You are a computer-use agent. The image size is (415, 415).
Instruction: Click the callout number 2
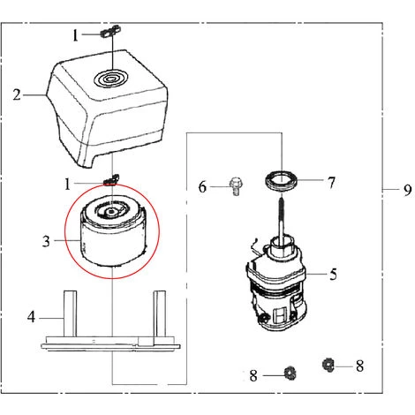(17, 94)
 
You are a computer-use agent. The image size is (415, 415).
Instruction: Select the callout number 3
(46, 241)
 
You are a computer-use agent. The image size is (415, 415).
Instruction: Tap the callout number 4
(31, 317)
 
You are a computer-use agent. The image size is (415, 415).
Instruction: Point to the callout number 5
(333, 275)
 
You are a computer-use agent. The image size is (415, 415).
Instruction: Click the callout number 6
(202, 187)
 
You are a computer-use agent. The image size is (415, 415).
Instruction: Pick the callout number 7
(331, 183)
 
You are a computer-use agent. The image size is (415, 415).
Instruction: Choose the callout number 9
(407, 190)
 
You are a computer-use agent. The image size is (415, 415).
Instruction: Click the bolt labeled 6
(235, 186)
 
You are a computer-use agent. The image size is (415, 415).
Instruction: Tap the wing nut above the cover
(111, 31)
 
